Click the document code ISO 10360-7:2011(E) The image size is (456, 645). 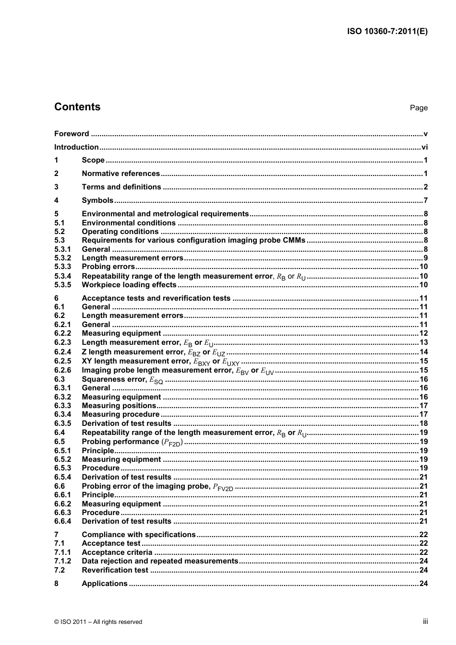(387, 32)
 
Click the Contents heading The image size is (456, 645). (77, 107)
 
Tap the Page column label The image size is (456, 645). (419, 108)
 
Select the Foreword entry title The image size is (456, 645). (72, 134)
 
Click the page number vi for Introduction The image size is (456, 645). (424, 147)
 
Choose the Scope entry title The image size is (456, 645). (93, 160)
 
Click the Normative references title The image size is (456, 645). (120, 174)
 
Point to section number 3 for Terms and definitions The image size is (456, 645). (56, 187)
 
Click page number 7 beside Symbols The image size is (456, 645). (425, 200)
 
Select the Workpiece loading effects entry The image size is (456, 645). (129, 285)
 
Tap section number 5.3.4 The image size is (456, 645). (62, 276)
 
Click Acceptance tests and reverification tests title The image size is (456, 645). (156, 298)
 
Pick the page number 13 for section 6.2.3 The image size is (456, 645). (423, 342)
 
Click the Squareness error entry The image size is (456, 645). (122, 379)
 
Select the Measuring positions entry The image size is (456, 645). (119, 406)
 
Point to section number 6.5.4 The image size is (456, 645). (62, 477)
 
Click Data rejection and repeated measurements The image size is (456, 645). (160, 561)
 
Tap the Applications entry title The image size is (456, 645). (105, 584)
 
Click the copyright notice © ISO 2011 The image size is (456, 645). (98, 622)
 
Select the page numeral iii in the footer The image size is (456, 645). (425, 622)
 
